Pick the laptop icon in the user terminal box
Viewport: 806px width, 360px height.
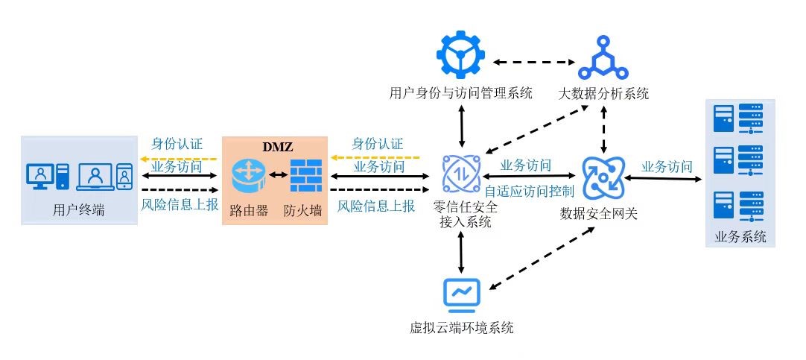click(x=95, y=176)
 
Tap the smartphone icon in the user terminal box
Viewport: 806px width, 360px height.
click(x=124, y=176)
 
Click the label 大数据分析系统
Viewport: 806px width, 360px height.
click(x=603, y=94)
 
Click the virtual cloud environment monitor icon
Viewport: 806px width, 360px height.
click(x=462, y=294)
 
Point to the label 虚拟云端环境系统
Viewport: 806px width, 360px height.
click(x=462, y=327)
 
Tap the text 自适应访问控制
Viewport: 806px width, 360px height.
click(x=529, y=191)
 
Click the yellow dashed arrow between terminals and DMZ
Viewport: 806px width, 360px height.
click(x=179, y=158)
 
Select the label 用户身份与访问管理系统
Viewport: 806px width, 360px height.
click(x=461, y=94)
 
